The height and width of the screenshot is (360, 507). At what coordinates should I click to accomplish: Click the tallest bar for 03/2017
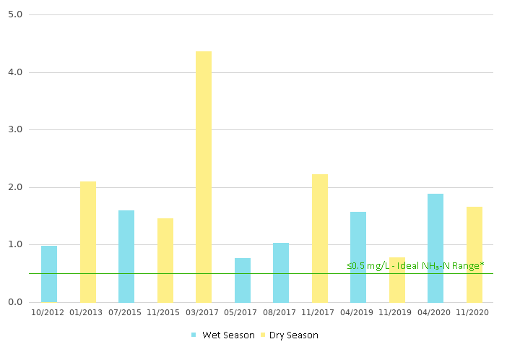click(204, 177)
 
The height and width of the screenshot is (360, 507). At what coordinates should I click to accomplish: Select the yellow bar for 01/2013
click(88, 241)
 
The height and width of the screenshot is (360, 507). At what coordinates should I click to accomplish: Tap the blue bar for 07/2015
click(126, 256)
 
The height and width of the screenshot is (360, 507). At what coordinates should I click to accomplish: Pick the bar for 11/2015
click(165, 260)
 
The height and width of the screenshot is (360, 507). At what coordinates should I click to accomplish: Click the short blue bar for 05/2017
click(243, 280)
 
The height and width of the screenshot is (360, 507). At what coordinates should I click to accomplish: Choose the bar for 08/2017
click(281, 273)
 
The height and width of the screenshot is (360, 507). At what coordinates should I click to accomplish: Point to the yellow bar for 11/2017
click(320, 238)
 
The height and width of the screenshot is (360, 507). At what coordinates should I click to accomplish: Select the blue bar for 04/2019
click(358, 257)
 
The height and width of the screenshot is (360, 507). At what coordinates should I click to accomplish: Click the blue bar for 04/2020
click(435, 248)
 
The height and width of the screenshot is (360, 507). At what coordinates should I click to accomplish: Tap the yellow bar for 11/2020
click(474, 254)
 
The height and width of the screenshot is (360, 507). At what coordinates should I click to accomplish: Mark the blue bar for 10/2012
click(49, 273)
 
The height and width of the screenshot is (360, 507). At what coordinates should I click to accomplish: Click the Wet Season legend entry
click(223, 335)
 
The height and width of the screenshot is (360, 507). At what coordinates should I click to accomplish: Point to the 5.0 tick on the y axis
click(16, 14)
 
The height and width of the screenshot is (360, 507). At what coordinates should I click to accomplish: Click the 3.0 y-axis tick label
click(16, 129)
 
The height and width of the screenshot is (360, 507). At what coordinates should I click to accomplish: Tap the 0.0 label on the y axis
click(16, 302)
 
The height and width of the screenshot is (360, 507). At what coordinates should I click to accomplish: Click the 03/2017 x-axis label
click(204, 312)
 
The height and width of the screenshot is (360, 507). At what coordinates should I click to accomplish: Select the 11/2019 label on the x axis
click(397, 312)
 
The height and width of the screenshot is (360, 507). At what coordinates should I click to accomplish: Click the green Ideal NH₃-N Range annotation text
click(415, 266)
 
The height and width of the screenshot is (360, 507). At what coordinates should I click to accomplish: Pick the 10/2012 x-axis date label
click(49, 312)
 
